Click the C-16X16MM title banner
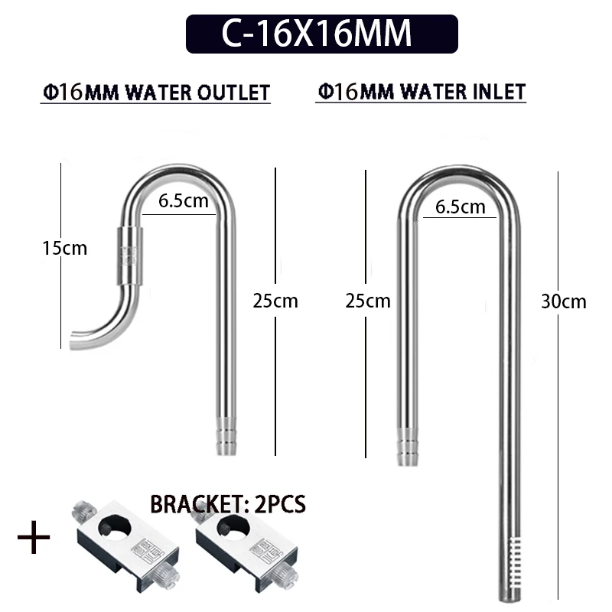[321, 34]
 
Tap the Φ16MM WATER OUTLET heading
[156, 93]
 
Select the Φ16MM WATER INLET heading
[422, 92]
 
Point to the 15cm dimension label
[64, 248]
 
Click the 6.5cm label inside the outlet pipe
[184, 201]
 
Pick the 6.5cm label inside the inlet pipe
[461, 207]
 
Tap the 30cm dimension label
[564, 301]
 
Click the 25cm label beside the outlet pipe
[275, 301]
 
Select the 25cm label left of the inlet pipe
[368, 301]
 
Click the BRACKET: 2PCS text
[228, 504]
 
